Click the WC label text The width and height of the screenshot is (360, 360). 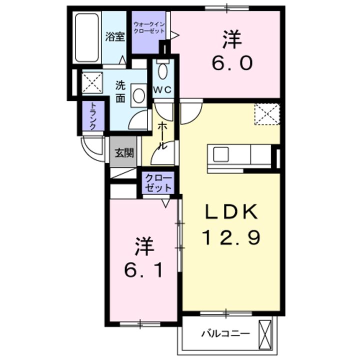coord(162,90)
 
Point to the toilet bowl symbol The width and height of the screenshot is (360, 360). coord(163,70)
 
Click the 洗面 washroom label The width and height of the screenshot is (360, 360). coord(120,90)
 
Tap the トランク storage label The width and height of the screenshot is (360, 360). coord(93,117)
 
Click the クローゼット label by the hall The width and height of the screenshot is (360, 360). coord(158,183)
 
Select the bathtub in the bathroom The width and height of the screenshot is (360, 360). coord(87,37)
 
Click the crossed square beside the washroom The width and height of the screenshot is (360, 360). coord(92,82)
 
